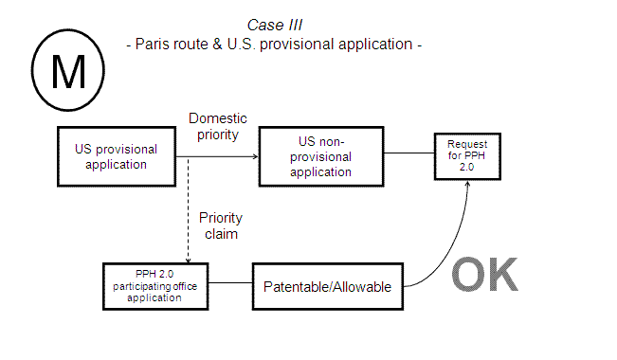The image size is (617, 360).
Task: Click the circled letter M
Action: tap(67, 69)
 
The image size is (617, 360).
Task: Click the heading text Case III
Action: tap(274, 24)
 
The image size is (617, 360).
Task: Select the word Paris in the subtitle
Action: tap(154, 45)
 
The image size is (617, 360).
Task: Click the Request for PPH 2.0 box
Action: tap(466, 152)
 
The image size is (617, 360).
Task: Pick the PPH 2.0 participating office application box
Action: tap(156, 284)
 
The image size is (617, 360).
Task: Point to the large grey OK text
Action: tap(484, 275)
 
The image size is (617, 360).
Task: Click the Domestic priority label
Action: tap(218, 126)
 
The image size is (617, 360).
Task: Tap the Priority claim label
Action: tap(220, 225)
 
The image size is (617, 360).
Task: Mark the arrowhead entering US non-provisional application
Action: tap(254, 157)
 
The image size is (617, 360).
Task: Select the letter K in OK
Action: tap(503, 275)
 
